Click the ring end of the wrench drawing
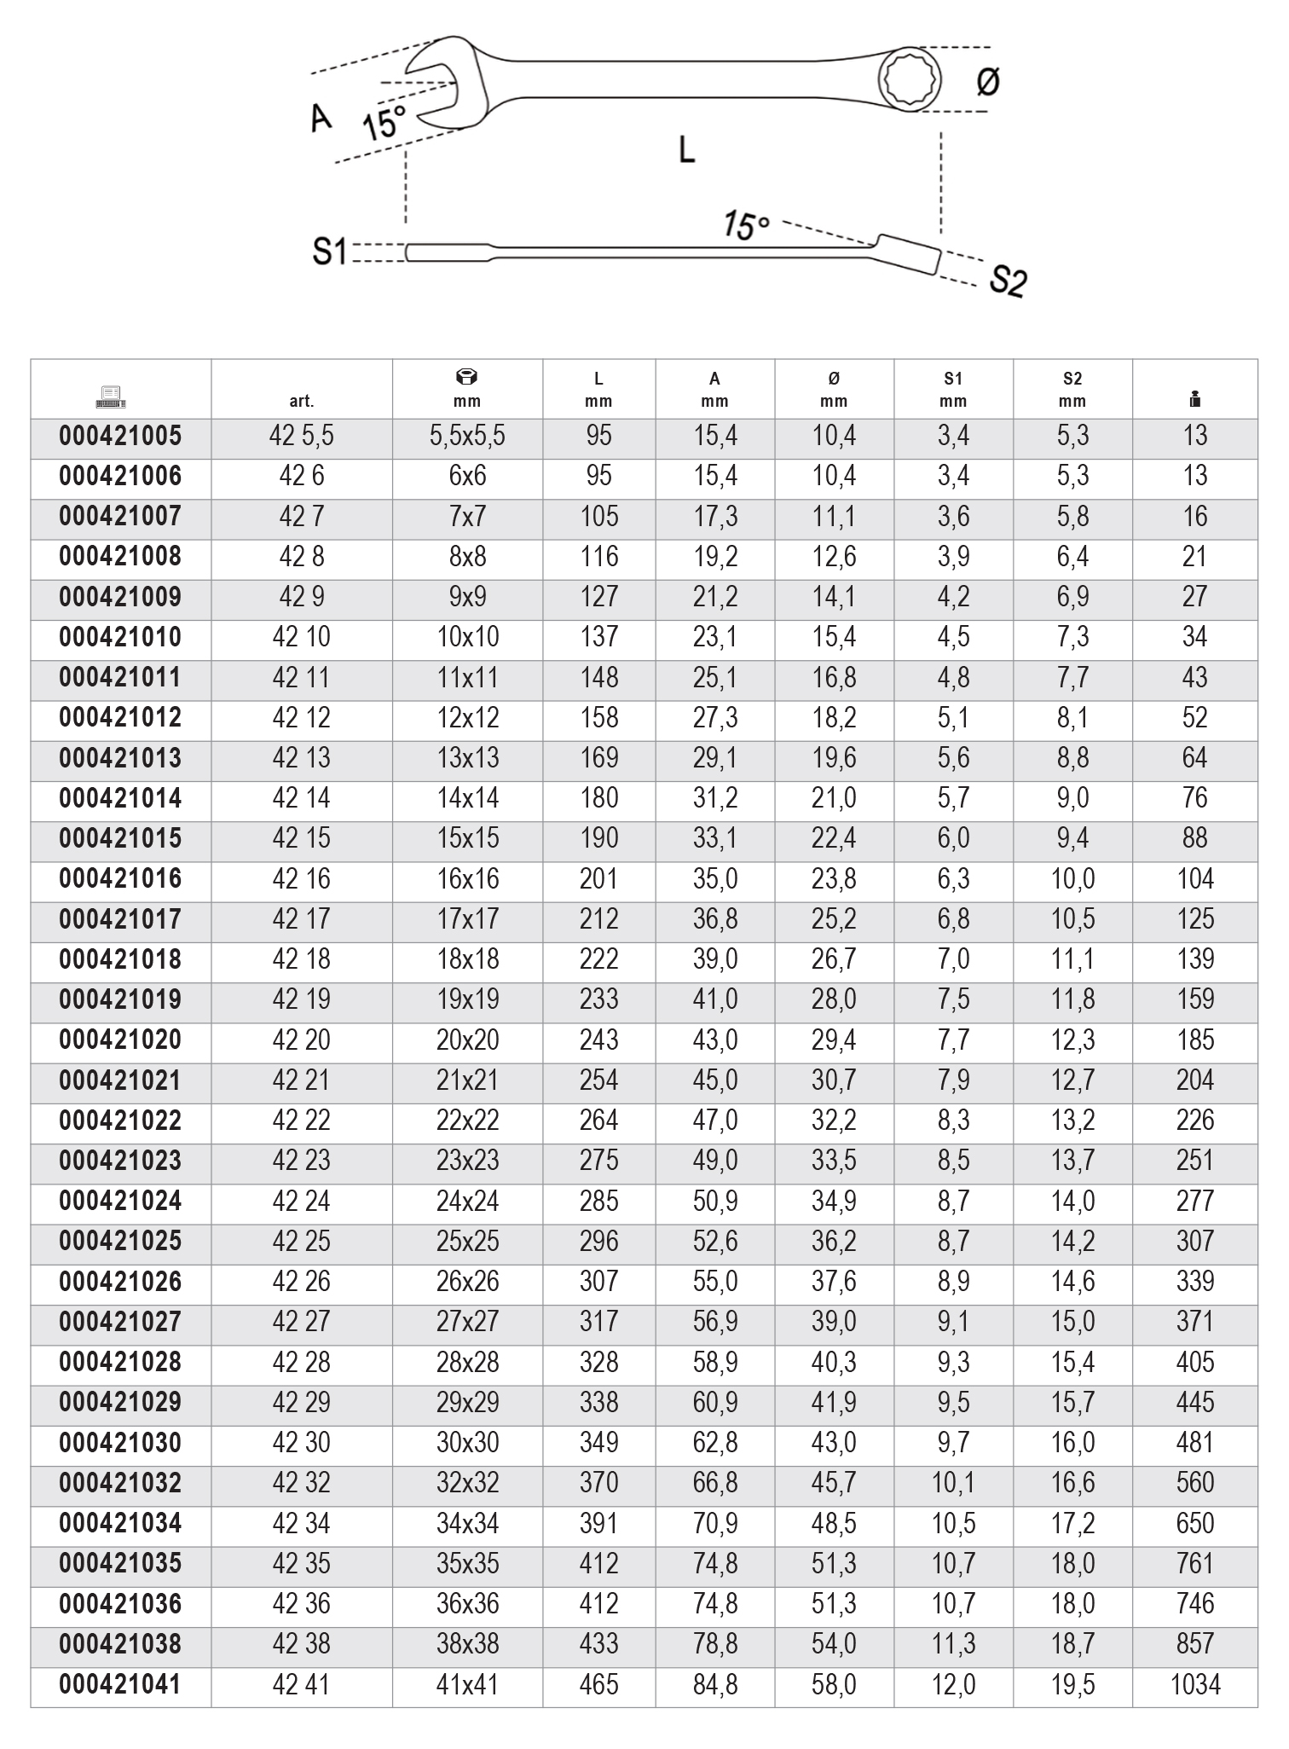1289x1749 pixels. pyautogui.click(x=911, y=79)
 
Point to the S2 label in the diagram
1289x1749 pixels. pyautogui.click(x=1008, y=280)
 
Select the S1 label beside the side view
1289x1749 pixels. pyautogui.click(x=329, y=252)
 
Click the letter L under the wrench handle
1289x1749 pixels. pyautogui.click(x=686, y=150)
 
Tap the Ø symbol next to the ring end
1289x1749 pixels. pyautogui.click(x=987, y=82)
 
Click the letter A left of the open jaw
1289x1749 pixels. pyautogui.click(x=321, y=118)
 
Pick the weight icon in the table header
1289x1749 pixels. pyautogui.click(x=1194, y=397)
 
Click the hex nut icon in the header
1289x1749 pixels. pyautogui.click(x=467, y=377)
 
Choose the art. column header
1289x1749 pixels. pyautogui.click(x=302, y=401)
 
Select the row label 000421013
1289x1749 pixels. pyautogui.click(x=120, y=758)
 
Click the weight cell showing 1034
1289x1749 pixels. pyautogui.click(x=1195, y=1684)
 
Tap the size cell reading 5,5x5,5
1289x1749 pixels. pyautogui.click(x=467, y=436)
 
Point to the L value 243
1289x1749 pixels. pyautogui.click(x=598, y=1040)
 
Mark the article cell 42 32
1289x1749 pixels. pyautogui.click(x=302, y=1483)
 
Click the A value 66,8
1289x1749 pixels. pyautogui.click(x=714, y=1483)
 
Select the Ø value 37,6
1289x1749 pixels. pyautogui.click(x=834, y=1282)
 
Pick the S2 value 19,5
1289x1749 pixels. pyautogui.click(x=1072, y=1684)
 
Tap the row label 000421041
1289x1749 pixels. pyautogui.click(x=120, y=1684)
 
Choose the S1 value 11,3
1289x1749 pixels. pyautogui.click(x=953, y=1644)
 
